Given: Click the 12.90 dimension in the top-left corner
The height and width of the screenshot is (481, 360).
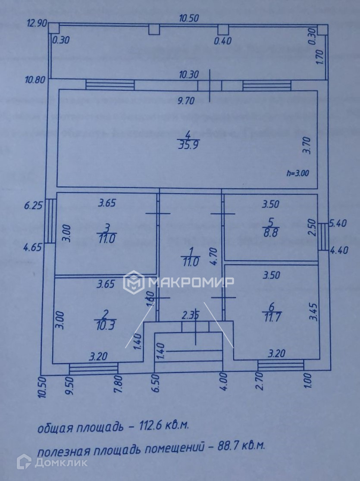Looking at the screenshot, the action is (x=36, y=24).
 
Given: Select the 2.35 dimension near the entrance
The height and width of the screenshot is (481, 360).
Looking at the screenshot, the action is (x=190, y=315).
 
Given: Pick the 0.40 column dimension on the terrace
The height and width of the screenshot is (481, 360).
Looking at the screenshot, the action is (x=223, y=41).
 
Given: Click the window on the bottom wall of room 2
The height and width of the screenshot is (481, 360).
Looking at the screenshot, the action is (x=94, y=368).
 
